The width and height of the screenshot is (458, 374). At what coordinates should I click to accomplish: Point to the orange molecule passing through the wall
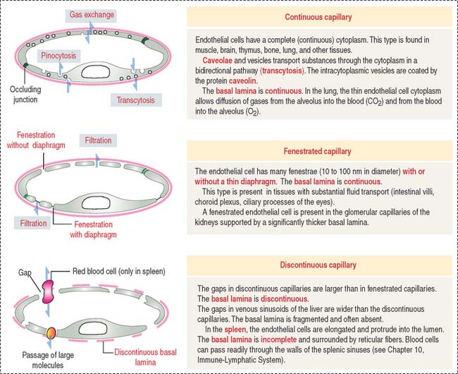pyautogui.click(x=51, y=332)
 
